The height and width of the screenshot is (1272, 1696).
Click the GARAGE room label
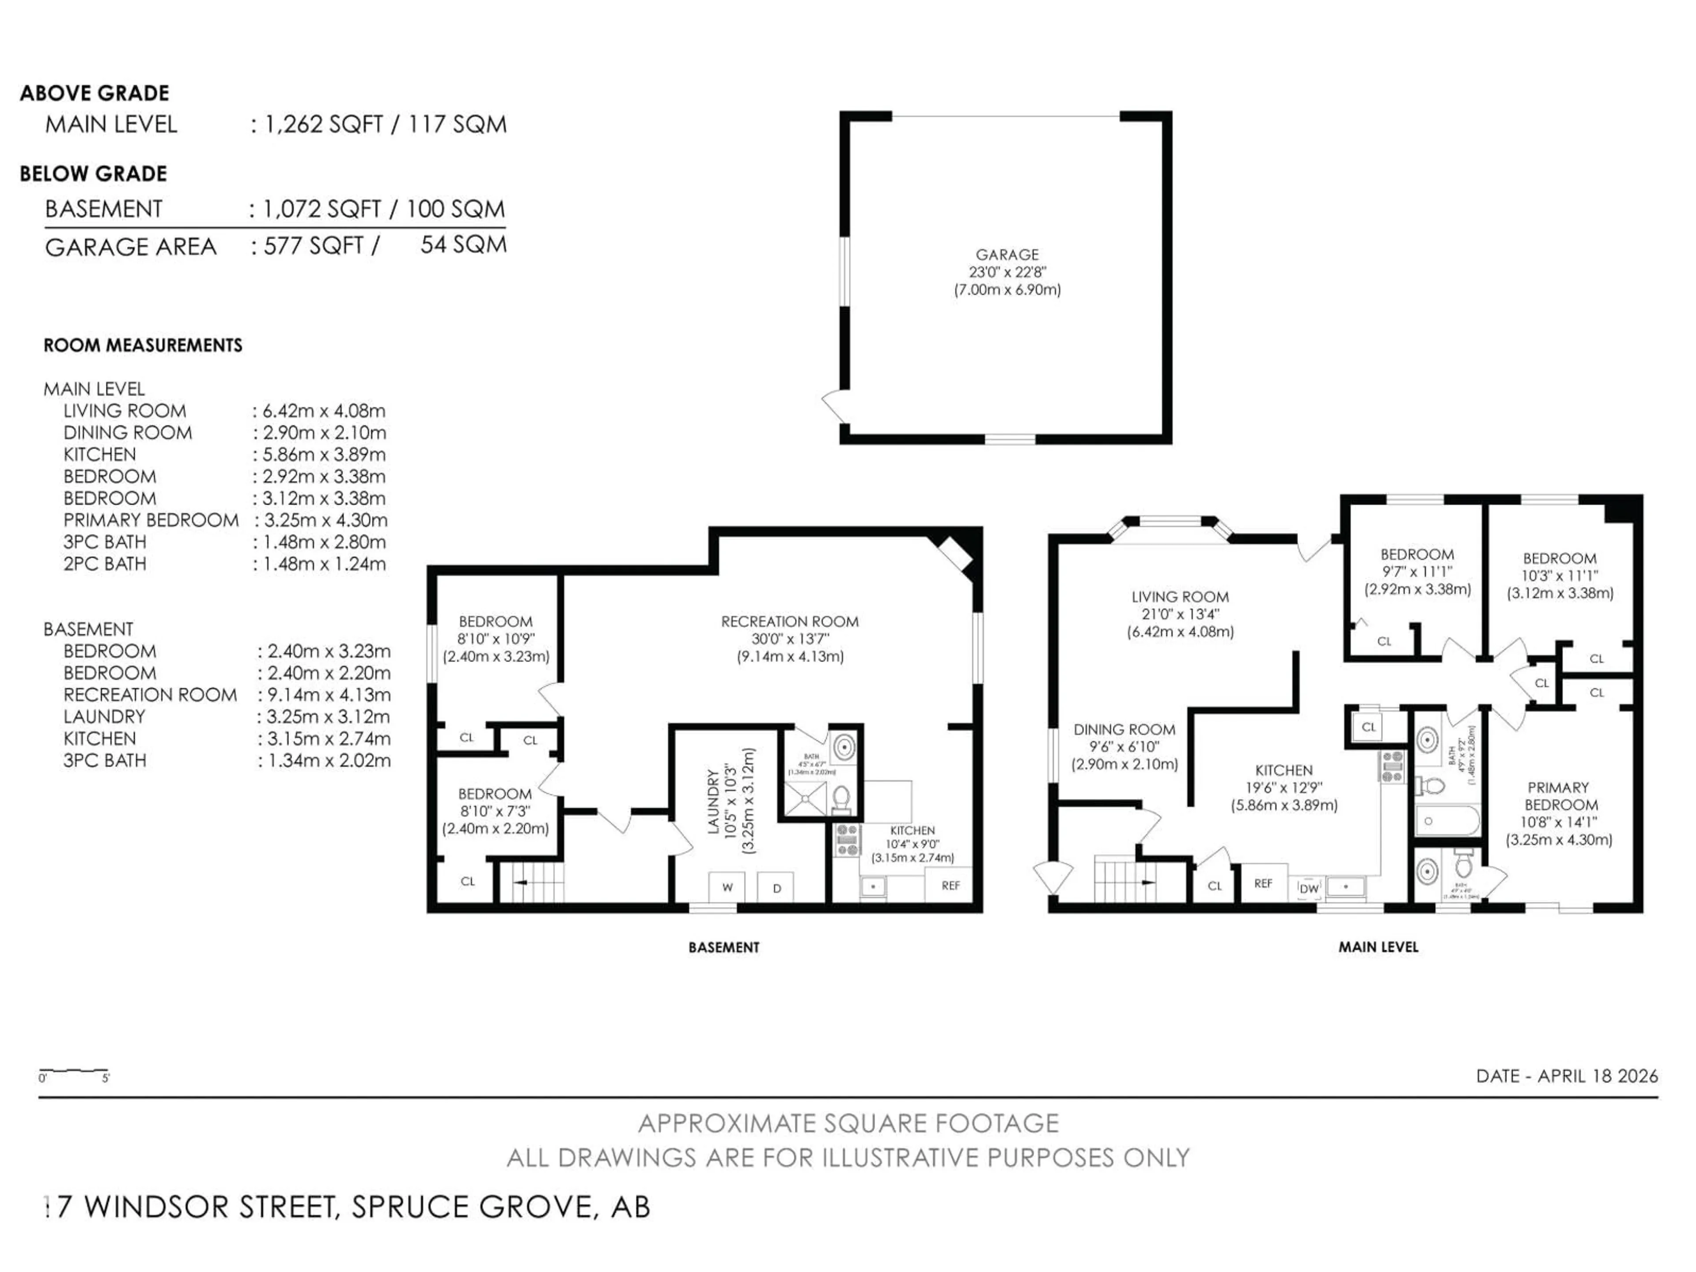point(1007,254)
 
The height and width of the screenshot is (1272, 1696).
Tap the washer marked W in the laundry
point(727,887)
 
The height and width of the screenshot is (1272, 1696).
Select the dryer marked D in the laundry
point(776,887)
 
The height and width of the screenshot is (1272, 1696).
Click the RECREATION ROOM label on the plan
point(789,622)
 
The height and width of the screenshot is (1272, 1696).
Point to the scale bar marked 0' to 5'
point(74,1071)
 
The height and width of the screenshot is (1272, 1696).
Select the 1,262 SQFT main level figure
point(323,124)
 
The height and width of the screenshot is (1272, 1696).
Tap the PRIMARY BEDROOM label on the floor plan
point(1559,796)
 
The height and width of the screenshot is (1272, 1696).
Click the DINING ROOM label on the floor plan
point(1124,730)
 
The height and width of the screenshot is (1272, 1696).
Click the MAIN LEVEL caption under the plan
point(1378,947)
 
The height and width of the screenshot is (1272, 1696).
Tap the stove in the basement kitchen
point(847,840)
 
